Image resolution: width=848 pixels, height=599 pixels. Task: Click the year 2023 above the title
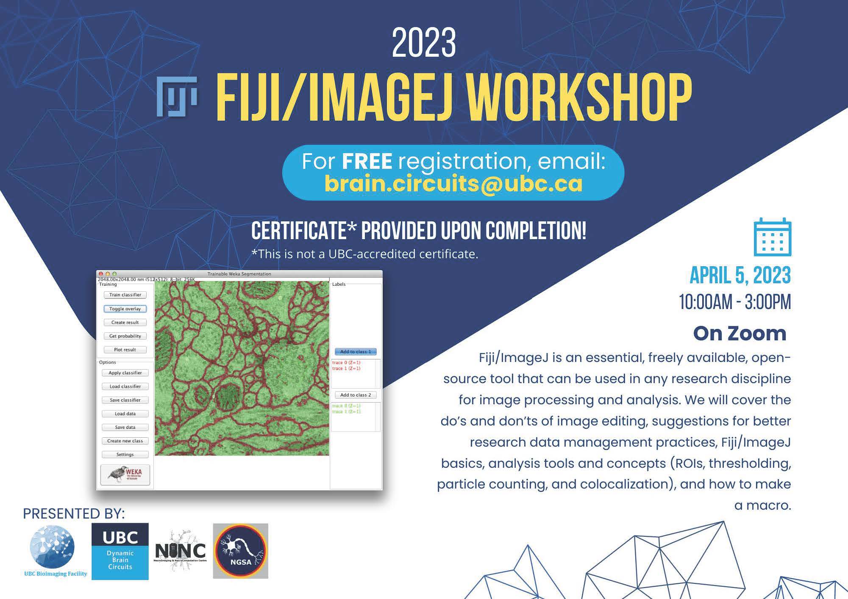423,43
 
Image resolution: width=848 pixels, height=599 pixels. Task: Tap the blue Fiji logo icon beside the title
177,97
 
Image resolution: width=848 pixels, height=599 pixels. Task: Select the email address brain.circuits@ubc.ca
453,184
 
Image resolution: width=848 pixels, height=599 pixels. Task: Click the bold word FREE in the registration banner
367,161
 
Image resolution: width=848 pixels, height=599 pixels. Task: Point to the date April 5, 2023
740,276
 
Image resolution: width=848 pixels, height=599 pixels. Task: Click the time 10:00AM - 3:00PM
735,302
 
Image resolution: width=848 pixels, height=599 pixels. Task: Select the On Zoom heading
740,334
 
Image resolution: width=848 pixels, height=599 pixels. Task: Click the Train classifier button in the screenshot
125,295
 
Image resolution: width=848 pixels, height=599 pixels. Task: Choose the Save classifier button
125,400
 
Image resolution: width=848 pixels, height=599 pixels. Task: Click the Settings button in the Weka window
125,455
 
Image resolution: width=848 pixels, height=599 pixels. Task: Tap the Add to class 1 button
356,352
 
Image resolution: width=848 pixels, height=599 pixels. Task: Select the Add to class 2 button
356,395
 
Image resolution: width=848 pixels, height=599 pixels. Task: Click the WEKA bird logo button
125,475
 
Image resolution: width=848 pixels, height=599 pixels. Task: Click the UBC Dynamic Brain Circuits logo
120,551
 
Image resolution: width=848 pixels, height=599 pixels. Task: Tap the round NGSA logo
240,551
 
